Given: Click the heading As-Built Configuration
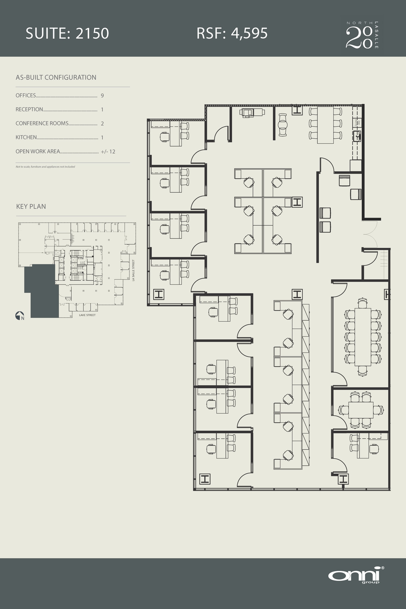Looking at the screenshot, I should pos(56,78).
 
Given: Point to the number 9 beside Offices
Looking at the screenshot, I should pos(102,96).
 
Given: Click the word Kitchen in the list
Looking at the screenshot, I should pos(26,137).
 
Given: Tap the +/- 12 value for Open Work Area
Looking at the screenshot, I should pos(108,152).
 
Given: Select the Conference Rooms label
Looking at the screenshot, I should pos(42,123).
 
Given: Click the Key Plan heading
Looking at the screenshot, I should pos(31,207).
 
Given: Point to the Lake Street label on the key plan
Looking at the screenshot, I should pos(87,315).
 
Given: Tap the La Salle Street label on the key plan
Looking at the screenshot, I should pos(133,270).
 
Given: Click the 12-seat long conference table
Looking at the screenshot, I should pos(363,337).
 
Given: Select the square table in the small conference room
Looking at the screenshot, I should pos(360,410).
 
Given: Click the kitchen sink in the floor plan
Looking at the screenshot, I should pos(357,136).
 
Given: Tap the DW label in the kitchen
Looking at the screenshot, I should pos(359,122).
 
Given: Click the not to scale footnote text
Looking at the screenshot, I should pos(45,167).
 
